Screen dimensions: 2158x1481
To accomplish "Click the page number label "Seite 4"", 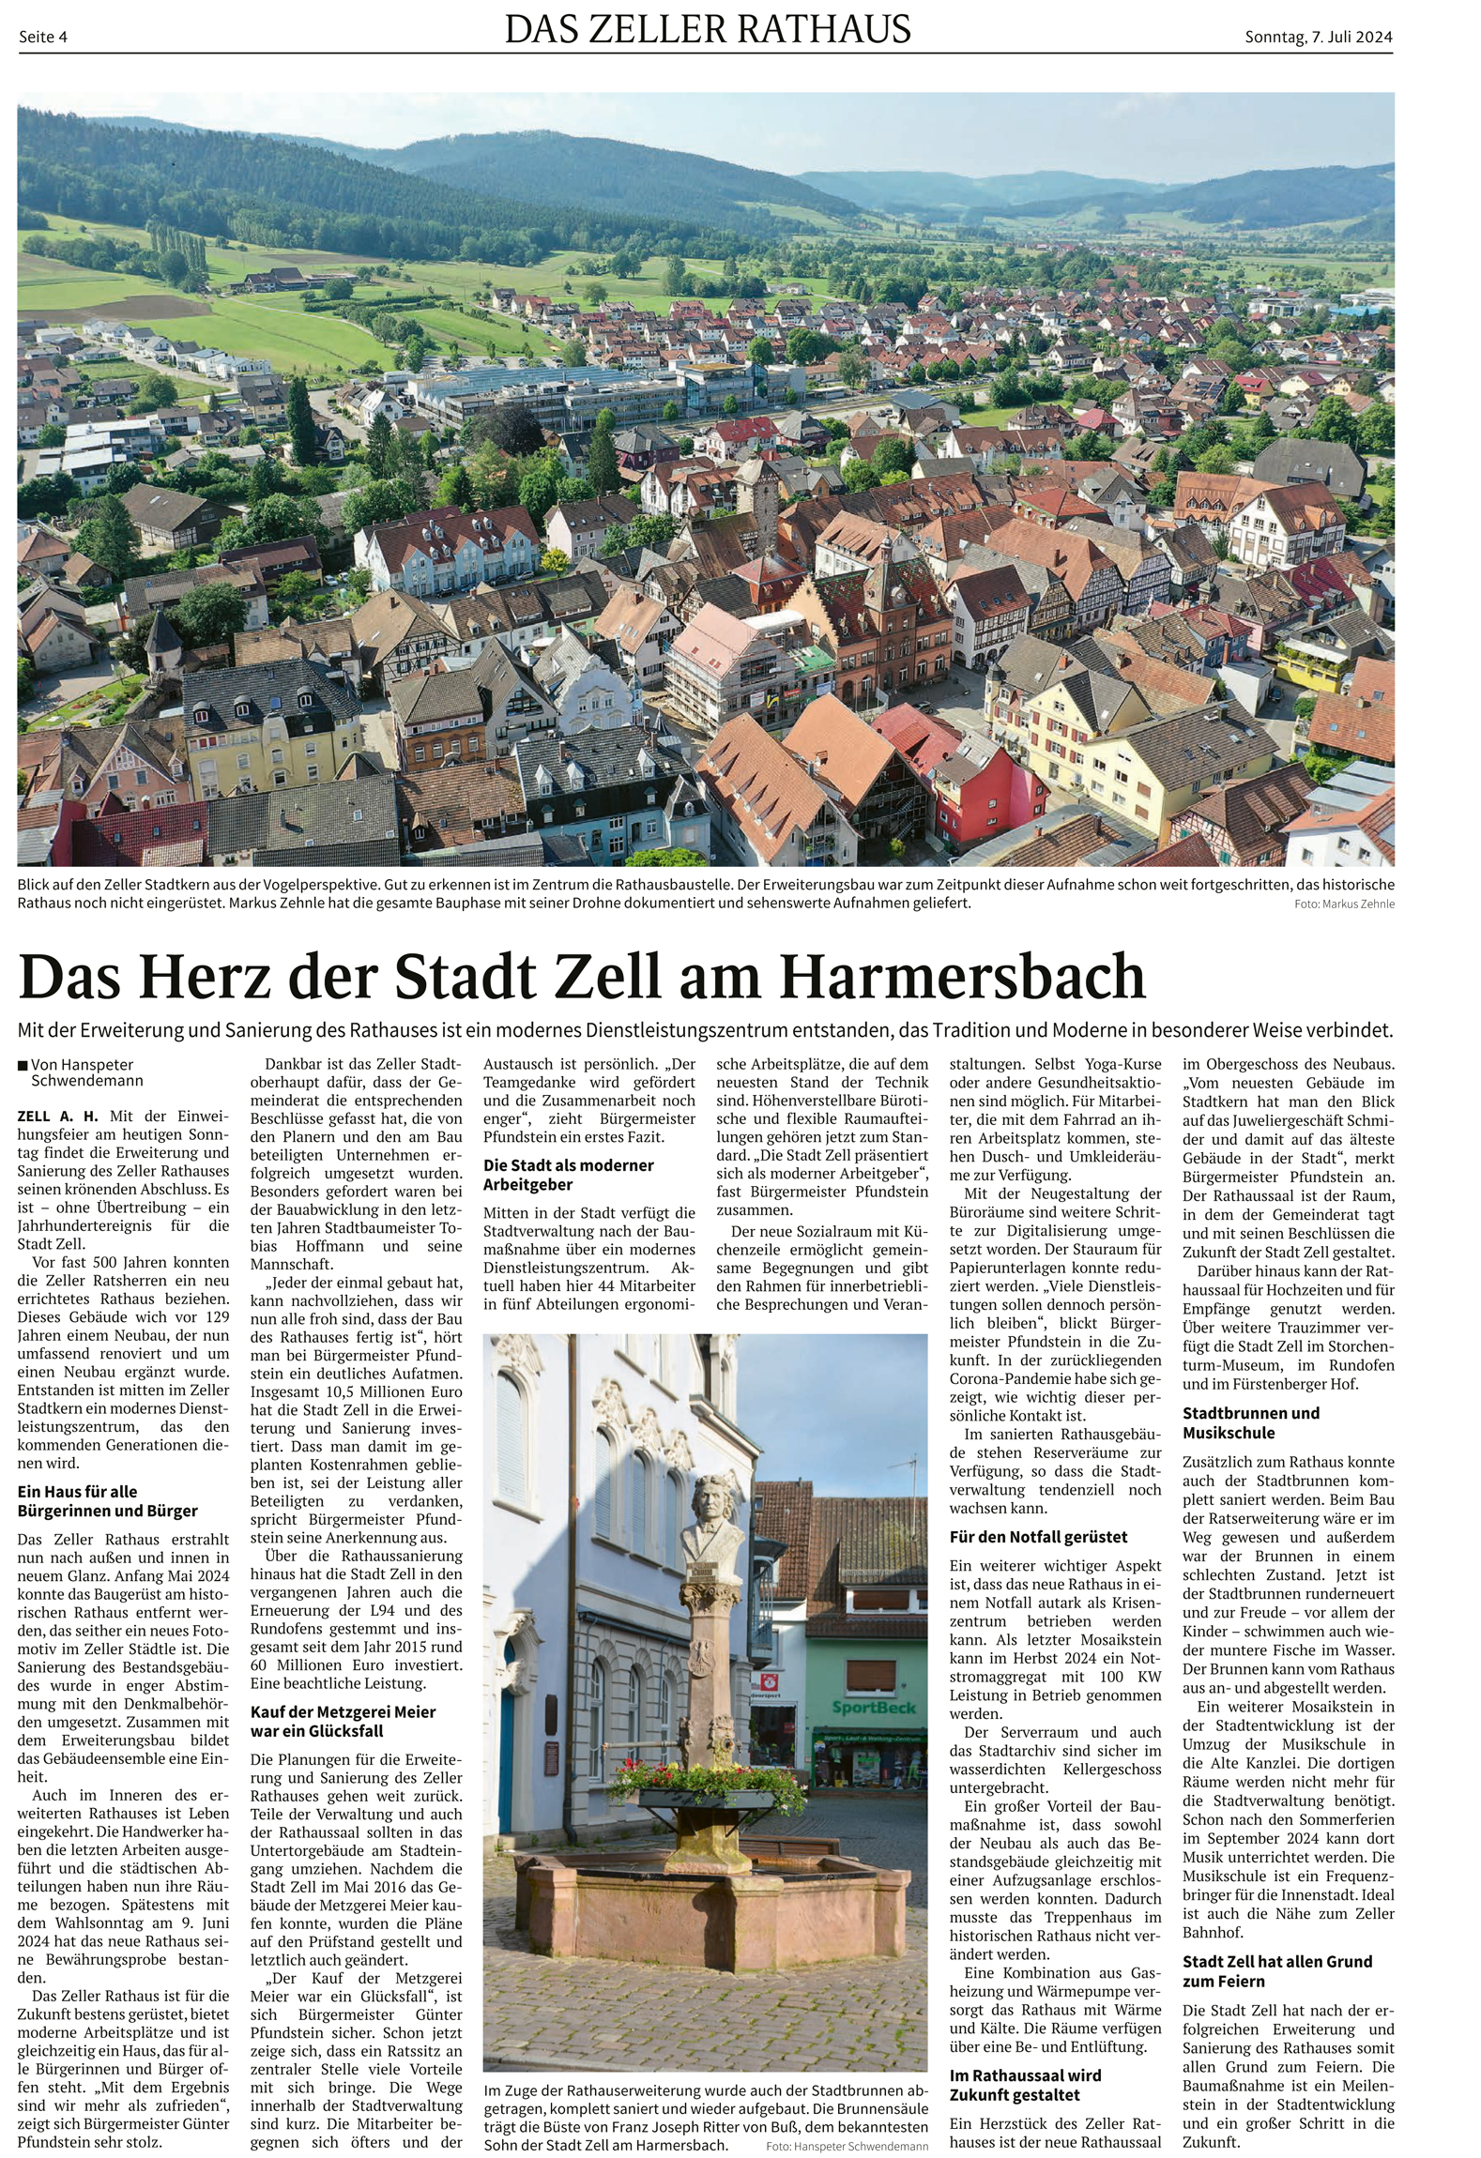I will [43, 37].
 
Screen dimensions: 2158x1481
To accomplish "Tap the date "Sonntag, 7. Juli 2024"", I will [1318, 37].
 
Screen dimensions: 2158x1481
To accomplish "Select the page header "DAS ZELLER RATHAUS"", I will [708, 30].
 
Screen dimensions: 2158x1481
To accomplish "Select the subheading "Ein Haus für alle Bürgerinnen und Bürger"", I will [108, 1500].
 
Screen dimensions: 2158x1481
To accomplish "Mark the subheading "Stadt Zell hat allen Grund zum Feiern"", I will [1276, 1971].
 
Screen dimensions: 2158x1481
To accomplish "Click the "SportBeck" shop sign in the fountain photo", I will [872, 1707].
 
